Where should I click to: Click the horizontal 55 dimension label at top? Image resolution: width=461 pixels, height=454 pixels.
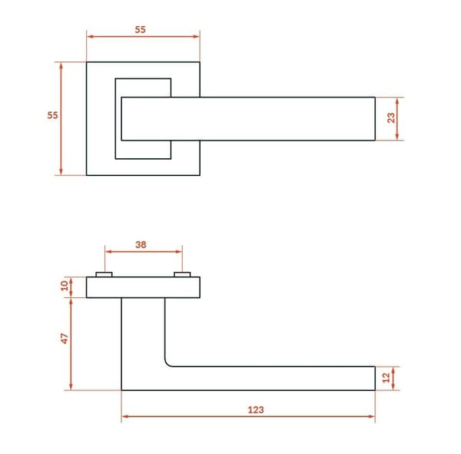point(141,30)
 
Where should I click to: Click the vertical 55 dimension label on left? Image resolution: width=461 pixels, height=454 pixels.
point(52,115)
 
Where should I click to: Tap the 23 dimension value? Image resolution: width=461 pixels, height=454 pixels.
point(391,118)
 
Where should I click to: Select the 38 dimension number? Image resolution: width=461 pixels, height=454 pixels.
point(141,244)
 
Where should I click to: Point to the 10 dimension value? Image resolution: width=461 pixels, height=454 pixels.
point(65,286)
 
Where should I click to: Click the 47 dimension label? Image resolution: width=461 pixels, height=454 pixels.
point(65,339)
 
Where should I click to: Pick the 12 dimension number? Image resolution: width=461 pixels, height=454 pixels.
point(386,377)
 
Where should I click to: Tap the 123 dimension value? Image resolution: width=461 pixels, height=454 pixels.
point(256,409)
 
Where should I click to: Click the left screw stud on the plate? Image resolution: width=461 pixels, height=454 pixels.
point(104,275)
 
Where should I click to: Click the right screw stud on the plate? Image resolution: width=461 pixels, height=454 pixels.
point(182,275)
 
